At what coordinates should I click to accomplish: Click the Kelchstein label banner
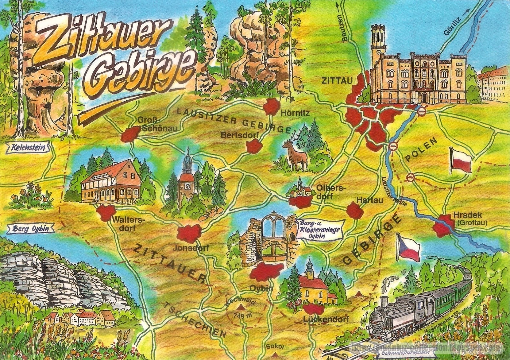tap(26, 148)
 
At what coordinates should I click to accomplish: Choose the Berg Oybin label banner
tap(30, 228)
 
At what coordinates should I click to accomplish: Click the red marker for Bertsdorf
tap(254, 146)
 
